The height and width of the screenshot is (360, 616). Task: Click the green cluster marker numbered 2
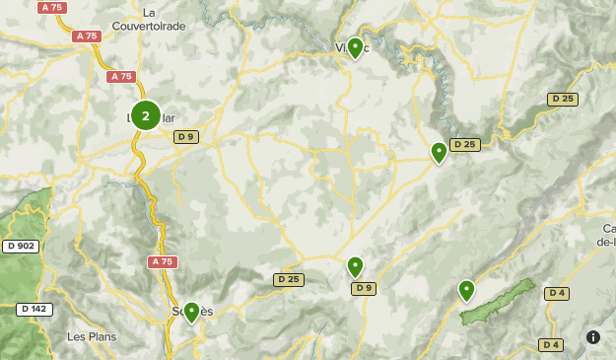(x=146, y=116)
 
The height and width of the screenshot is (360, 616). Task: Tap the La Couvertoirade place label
(x=150, y=20)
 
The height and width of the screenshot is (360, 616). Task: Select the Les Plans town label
(x=91, y=336)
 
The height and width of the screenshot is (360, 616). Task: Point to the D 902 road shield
(x=20, y=246)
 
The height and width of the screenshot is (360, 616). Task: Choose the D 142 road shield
(x=34, y=309)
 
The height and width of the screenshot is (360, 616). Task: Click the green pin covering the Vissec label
(x=355, y=47)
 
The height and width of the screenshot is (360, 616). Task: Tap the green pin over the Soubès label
(x=191, y=312)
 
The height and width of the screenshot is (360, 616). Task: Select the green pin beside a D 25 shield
(x=439, y=152)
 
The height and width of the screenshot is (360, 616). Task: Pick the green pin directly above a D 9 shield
(x=355, y=266)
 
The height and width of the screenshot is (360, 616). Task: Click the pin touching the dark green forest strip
(x=466, y=290)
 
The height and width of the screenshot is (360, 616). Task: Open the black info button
(x=593, y=336)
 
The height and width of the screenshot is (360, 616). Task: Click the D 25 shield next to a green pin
(x=465, y=145)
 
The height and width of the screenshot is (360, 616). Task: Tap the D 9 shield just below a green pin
(x=364, y=288)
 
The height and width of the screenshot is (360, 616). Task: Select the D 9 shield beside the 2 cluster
(x=186, y=136)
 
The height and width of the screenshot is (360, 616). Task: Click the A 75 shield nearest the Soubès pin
(x=163, y=261)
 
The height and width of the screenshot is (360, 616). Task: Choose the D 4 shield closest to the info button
(x=552, y=344)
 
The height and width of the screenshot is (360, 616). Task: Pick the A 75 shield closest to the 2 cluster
(x=121, y=76)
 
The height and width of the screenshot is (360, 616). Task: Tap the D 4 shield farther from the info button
(x=556, y=293)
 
